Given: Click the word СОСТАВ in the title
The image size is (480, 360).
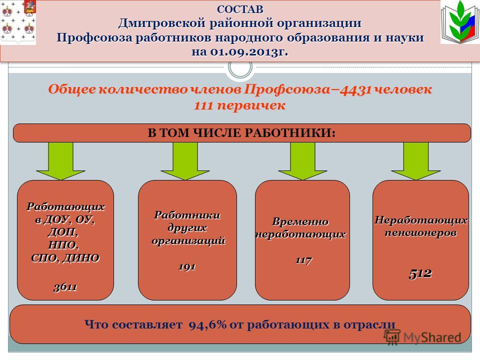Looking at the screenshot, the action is click(240, 9).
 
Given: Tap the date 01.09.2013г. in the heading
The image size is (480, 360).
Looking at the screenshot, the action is click(249, 51).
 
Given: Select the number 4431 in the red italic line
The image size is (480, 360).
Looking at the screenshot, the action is click(355, 89).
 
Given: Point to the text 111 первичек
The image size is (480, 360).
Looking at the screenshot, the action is click(239, 105).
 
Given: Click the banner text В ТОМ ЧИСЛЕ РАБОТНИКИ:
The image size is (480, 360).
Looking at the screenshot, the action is click(241, 133).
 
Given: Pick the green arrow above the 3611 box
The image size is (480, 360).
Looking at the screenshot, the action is click(60, 161).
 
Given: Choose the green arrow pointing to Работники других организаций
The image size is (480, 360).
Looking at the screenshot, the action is click(185, 161).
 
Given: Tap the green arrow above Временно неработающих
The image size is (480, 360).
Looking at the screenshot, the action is click(303, 161).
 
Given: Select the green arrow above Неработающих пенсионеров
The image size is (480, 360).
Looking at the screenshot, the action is click(416, 161).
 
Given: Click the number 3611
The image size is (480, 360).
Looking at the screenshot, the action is click(65, 287).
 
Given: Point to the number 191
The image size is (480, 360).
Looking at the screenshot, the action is click(187, 266).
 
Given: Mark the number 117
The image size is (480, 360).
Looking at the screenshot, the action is click(303, 260).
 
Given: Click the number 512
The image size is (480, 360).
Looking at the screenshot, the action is click(420, 273).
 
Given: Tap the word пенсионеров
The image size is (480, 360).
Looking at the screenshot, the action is click(420, 233).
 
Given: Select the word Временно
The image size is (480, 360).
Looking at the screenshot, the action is click(300, 221).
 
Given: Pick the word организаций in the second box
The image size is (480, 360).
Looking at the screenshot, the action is click(188, 241).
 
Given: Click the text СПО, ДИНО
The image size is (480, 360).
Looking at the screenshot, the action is click(65, 258).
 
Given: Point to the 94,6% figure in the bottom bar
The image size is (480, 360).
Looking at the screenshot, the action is click(207, 324).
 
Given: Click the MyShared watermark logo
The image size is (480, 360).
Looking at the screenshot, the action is click(423, 337).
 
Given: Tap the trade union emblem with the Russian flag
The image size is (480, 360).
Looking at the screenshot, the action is click(460, 22).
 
